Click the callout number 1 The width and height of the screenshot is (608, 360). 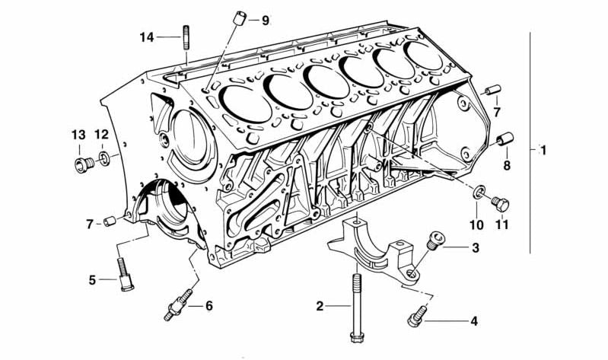(543, 151)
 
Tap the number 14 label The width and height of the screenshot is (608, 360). (147, 37)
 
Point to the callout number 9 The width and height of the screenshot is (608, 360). (265, 21)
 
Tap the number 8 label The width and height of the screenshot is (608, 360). (506, 164)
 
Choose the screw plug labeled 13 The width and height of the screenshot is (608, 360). (81, 164)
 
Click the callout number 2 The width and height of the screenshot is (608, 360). (320, 307)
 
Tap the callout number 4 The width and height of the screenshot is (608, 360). (473, 321)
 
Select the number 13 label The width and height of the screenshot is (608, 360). (78, 135)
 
